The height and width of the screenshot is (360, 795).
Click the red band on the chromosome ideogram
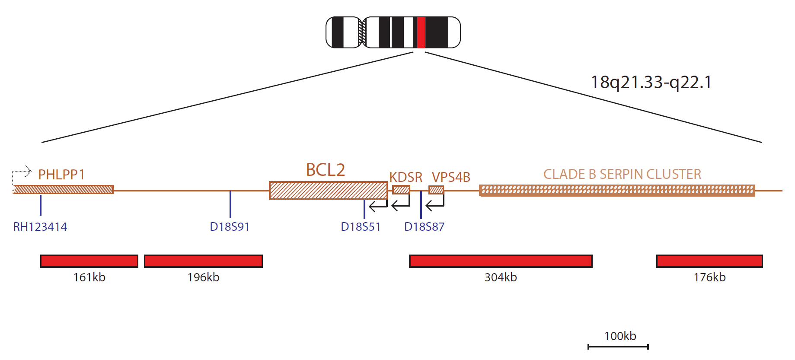point(421,32)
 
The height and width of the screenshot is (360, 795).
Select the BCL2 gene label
point(326,170)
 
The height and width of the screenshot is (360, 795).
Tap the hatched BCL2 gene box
point(328,190)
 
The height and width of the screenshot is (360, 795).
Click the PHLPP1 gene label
point(61,175)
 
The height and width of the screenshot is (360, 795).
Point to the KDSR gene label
point(406,177)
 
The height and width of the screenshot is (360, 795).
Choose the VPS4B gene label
point(451,177)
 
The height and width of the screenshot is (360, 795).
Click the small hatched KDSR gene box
point(401,190)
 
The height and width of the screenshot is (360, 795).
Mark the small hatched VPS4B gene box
point(436,190)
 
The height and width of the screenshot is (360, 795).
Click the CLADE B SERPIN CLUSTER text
point(622,174)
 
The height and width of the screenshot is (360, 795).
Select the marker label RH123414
point(40,227)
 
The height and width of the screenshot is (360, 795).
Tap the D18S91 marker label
point(230,227)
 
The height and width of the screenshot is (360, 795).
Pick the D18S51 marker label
point(361,227)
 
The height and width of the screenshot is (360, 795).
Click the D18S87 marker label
point(424,227)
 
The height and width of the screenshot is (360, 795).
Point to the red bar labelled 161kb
point(89,261)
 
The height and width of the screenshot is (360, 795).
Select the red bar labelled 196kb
point(203,261)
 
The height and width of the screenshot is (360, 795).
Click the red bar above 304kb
point(501,261)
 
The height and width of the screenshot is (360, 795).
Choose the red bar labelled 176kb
point(709,261)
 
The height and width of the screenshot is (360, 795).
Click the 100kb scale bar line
point(618,347)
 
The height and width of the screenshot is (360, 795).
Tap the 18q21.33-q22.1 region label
point(651,82)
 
